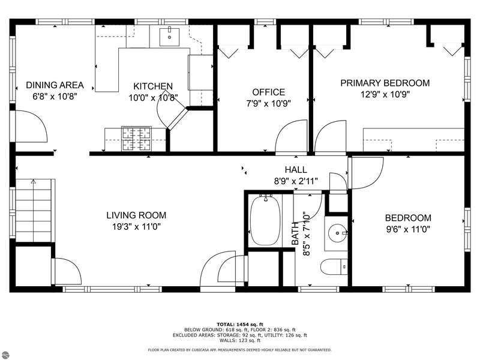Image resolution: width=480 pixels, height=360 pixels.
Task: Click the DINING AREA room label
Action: (55, 85)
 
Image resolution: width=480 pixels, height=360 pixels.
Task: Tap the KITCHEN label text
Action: (153, 86)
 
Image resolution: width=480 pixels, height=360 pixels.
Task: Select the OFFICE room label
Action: (268, 92)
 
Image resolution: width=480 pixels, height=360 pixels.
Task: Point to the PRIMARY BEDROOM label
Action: (385, 83)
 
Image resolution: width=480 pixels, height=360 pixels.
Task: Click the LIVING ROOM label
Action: (136, 215)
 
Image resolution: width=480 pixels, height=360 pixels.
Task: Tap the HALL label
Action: (296, 170)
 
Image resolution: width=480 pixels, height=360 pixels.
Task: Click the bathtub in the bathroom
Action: (265, 220)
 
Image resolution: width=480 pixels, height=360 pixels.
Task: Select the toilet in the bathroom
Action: (334, 266)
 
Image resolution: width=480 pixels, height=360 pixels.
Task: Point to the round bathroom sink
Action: (337, 233)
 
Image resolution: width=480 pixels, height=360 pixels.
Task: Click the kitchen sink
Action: (169, 37)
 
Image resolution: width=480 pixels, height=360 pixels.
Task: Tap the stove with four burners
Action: (136, 139)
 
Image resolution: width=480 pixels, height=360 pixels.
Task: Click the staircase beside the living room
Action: (34, 211)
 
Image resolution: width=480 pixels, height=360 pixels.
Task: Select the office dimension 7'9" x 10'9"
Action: (268, 103)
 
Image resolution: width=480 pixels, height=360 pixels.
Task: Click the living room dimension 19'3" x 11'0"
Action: (136, 227)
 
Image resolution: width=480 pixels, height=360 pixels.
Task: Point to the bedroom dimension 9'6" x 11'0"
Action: (408, 229)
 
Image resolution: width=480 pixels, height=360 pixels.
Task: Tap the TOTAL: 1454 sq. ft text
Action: (240, 324)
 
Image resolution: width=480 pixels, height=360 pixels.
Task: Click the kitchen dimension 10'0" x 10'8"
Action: (153, 98)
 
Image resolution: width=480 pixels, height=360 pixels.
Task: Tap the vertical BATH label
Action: (295, 233)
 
